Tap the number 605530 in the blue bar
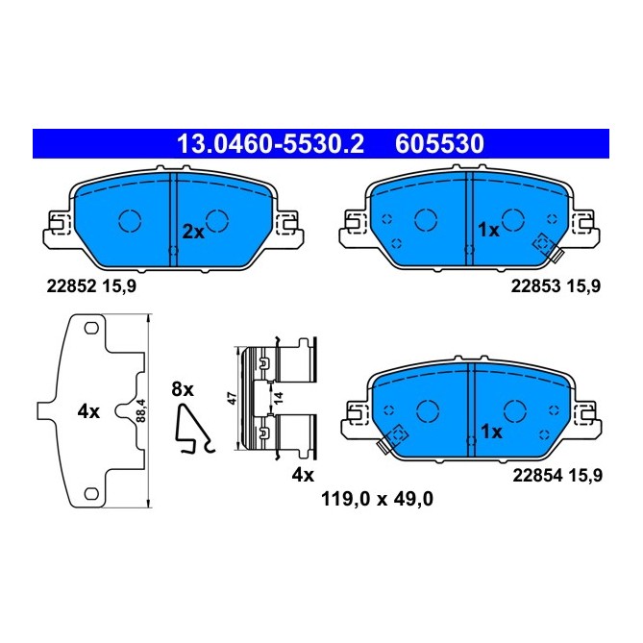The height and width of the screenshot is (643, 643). tap(438, 144)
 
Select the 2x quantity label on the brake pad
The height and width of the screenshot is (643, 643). tap(193, 231)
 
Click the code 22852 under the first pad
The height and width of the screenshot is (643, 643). tap(70, 284)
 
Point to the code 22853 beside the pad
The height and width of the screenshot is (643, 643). tap(533, 284)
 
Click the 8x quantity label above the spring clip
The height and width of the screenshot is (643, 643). tap(183, 389)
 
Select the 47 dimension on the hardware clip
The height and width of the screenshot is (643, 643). tap(231, 399)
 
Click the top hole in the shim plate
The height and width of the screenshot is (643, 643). tap(91, 330)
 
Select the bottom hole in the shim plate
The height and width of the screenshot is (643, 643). tap(91, 494)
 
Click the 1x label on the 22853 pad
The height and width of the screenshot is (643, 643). tap(488, 231)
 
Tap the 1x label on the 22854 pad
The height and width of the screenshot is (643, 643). tap(491, 432)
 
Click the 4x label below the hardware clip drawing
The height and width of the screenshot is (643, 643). tap(304, 475)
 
